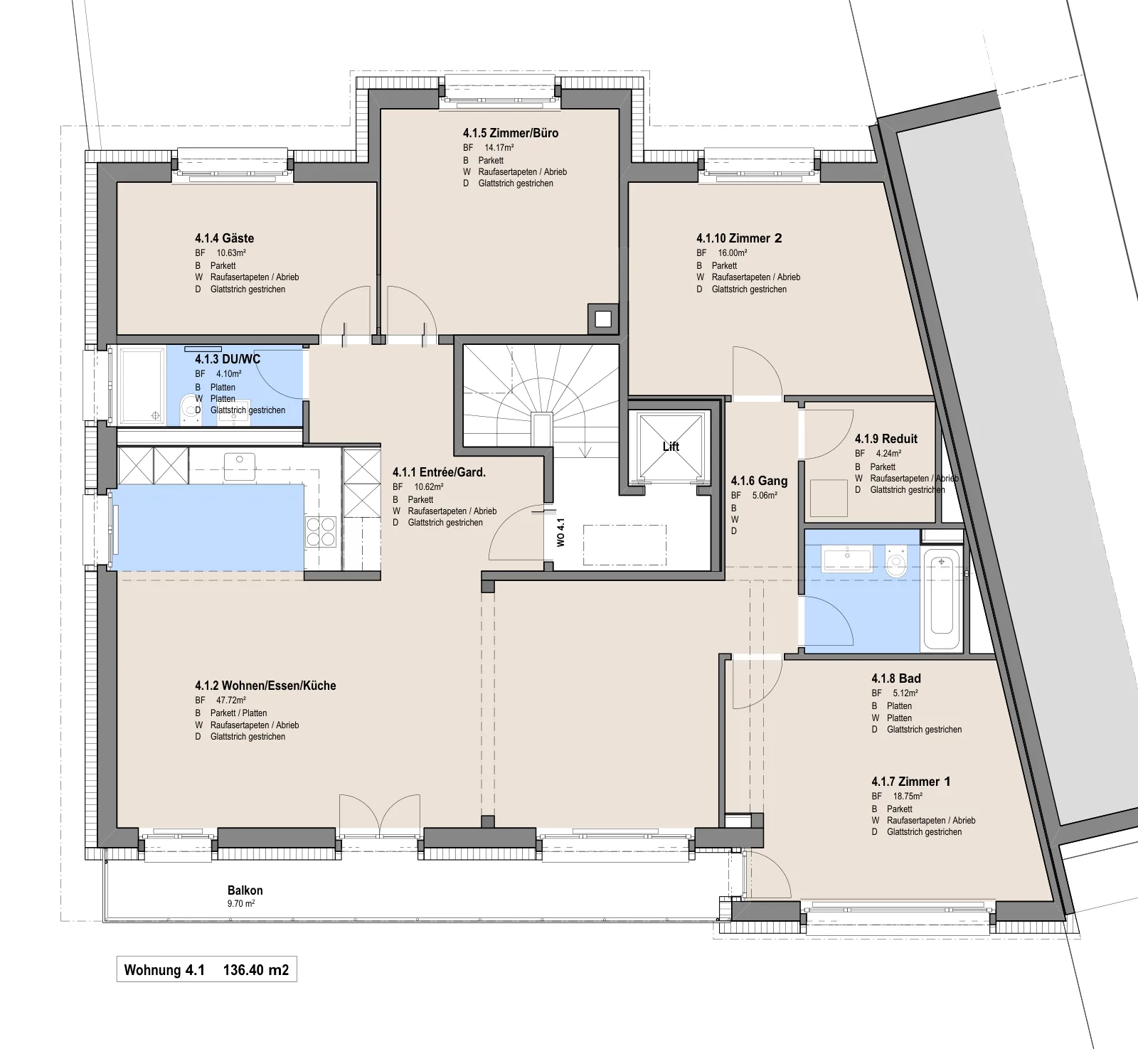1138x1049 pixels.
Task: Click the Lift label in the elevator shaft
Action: pos(671,447)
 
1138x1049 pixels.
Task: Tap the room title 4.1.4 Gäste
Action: pos(225,238)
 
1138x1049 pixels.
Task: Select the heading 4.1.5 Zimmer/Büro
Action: pos(511,133)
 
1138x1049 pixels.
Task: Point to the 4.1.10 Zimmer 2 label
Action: pos(739,238)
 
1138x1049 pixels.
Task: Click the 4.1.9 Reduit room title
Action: pos(886,439)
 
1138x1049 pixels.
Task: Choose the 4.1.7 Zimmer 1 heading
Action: pos(911,782)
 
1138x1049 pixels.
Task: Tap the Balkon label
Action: pos(245,890)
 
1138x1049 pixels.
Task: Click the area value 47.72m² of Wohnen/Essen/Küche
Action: pos(231,701)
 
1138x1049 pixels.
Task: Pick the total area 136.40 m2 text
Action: pos(256,970)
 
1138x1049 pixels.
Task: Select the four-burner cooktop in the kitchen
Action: pos(321,531)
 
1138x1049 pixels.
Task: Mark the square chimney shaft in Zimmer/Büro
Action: pos(603,319)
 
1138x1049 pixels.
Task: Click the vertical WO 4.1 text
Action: pos(560,533)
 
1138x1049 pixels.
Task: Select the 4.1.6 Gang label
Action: pos(759,481)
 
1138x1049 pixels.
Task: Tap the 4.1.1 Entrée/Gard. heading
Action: pos(439,472)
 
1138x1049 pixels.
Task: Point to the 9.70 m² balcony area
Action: pos(241,904)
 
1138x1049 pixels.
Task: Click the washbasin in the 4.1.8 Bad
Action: pos(846,559)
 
